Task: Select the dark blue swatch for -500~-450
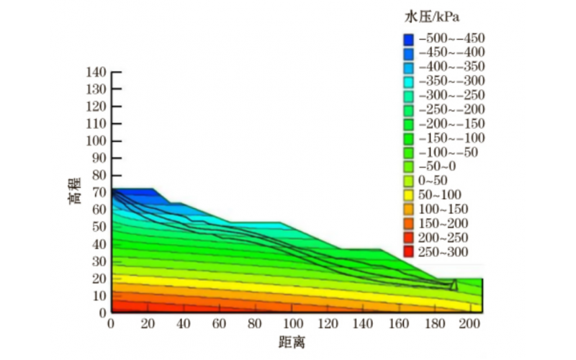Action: click(x=408, y=38)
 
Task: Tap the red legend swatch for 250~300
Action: click(x=408, y=252)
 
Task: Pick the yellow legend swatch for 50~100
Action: click(x=408, y=195)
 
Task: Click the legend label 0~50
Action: click(x=434, y=181)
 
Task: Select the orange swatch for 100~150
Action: click(x=408, y=210)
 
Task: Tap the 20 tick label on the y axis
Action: click(x=99, y=278)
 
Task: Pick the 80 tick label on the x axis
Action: click(x=254, y=323)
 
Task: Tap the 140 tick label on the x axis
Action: click(x=361, y=323)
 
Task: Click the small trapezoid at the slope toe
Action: click(x=454, y=285)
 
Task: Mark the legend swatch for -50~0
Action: click(x=408, y=166)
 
